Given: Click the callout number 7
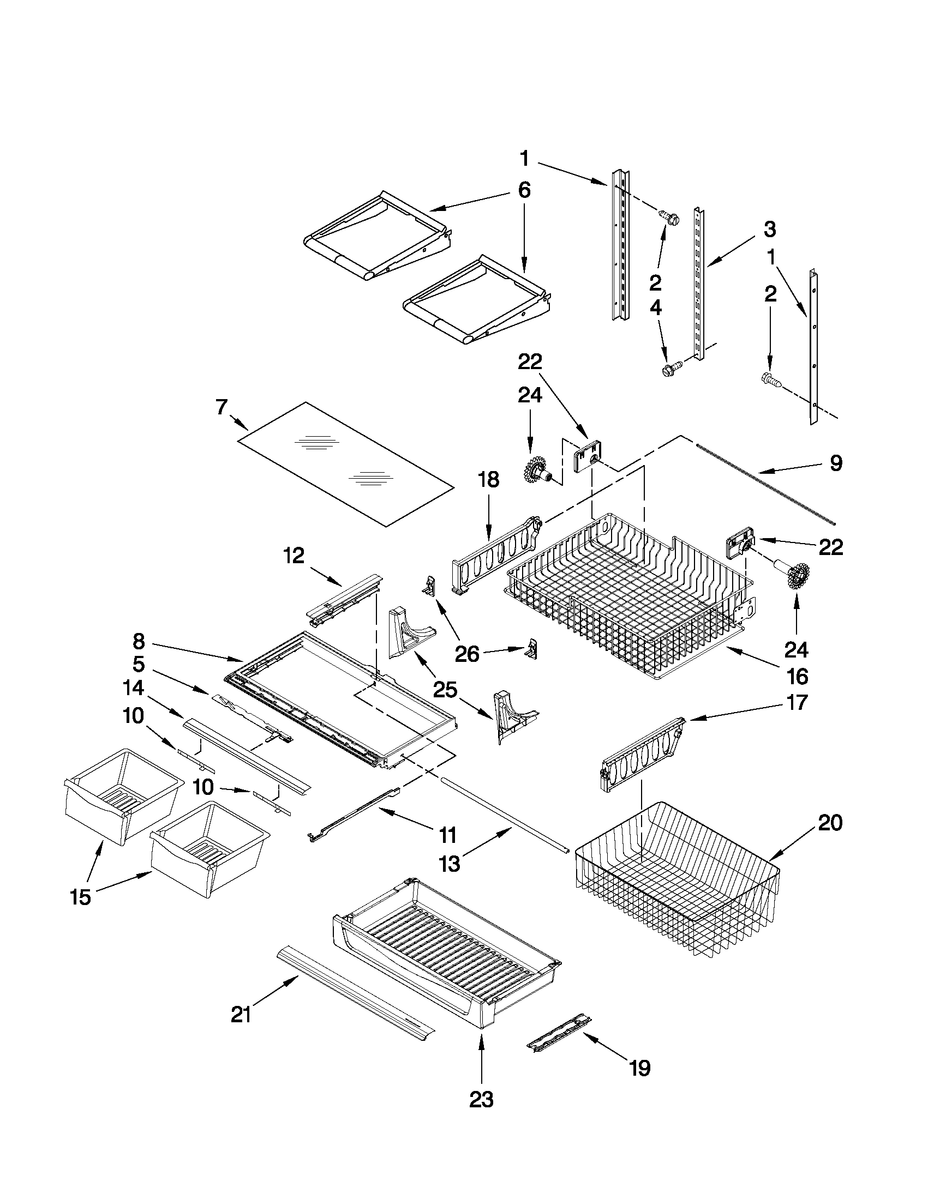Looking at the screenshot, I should pos(221,407).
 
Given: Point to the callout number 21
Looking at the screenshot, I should pos(241,1014).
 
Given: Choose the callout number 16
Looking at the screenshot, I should pos(797,677).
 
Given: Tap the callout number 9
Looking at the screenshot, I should pos(835,463).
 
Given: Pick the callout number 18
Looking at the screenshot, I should pos(488,479).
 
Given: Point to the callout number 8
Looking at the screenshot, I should pos(139,641).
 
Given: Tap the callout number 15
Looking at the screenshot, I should pos(80,897).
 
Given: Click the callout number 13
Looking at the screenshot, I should pos(449,864).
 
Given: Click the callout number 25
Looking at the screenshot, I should pos(446,689).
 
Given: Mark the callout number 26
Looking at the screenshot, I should pos(467,654).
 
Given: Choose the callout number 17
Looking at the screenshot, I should pos(797,702).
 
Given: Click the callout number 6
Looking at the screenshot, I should pos(524,190).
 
